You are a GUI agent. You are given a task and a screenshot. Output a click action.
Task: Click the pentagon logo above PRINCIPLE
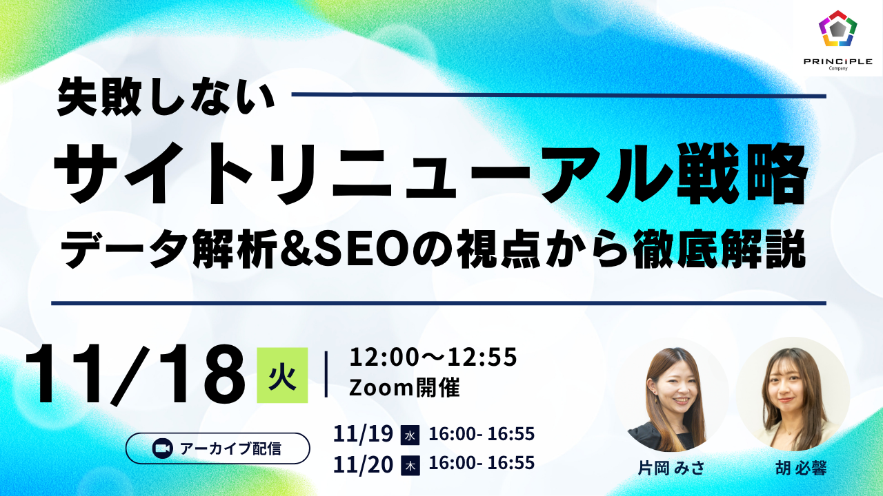837,28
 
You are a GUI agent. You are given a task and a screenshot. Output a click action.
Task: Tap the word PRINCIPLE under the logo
837,62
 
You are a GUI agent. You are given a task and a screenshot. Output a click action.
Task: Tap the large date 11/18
135,374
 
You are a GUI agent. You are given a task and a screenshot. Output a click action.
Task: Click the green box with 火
282,375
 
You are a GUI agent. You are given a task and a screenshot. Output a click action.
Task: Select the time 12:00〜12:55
433,357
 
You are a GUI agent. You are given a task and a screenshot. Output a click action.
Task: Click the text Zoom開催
404,388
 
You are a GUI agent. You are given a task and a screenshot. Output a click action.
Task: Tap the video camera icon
162,448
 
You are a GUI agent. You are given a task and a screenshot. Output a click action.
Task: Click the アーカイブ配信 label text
230,448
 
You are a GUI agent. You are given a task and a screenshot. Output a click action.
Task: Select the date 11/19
363,434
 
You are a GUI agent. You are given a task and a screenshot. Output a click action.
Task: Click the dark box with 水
410,435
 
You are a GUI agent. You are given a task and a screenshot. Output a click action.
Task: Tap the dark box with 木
410,465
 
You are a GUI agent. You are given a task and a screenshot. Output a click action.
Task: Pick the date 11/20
363,464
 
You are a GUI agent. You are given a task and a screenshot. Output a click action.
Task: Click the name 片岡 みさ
671,468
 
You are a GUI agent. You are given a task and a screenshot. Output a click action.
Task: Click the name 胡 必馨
801,468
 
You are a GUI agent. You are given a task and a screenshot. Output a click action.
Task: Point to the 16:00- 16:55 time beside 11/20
482,463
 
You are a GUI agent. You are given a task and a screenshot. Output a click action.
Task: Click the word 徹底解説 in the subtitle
717,249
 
